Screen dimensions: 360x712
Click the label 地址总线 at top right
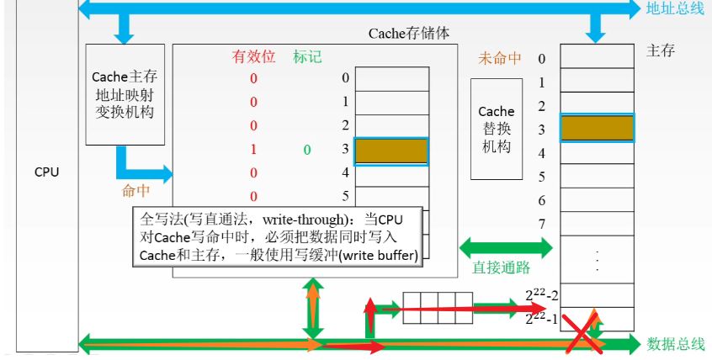tap(674, 9)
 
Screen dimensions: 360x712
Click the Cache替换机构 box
tap(496, 130)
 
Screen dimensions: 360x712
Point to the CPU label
tap(46, 172)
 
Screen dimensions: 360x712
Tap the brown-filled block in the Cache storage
tap(391, 150)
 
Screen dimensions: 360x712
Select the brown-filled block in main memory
tap(597, 128)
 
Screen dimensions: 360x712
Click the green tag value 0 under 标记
tap(307, 150)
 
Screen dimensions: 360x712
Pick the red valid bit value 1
tap(253, 150)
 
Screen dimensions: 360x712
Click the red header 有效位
tap(253, 57)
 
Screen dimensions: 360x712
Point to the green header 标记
tap(307, 57)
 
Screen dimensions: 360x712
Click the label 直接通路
tap(501, 268)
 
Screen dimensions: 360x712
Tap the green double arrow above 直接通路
tap(505, 248)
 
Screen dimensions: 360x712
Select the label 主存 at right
tap(661, 50)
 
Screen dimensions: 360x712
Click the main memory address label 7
tap(541, 224)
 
